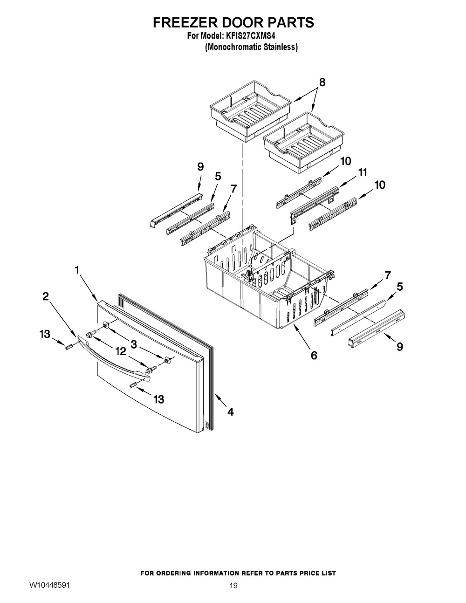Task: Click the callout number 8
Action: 322,83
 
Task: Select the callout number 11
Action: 363,173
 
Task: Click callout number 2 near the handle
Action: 46,296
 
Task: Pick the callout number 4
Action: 231,411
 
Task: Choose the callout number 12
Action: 121,352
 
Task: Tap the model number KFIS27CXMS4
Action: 254,35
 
